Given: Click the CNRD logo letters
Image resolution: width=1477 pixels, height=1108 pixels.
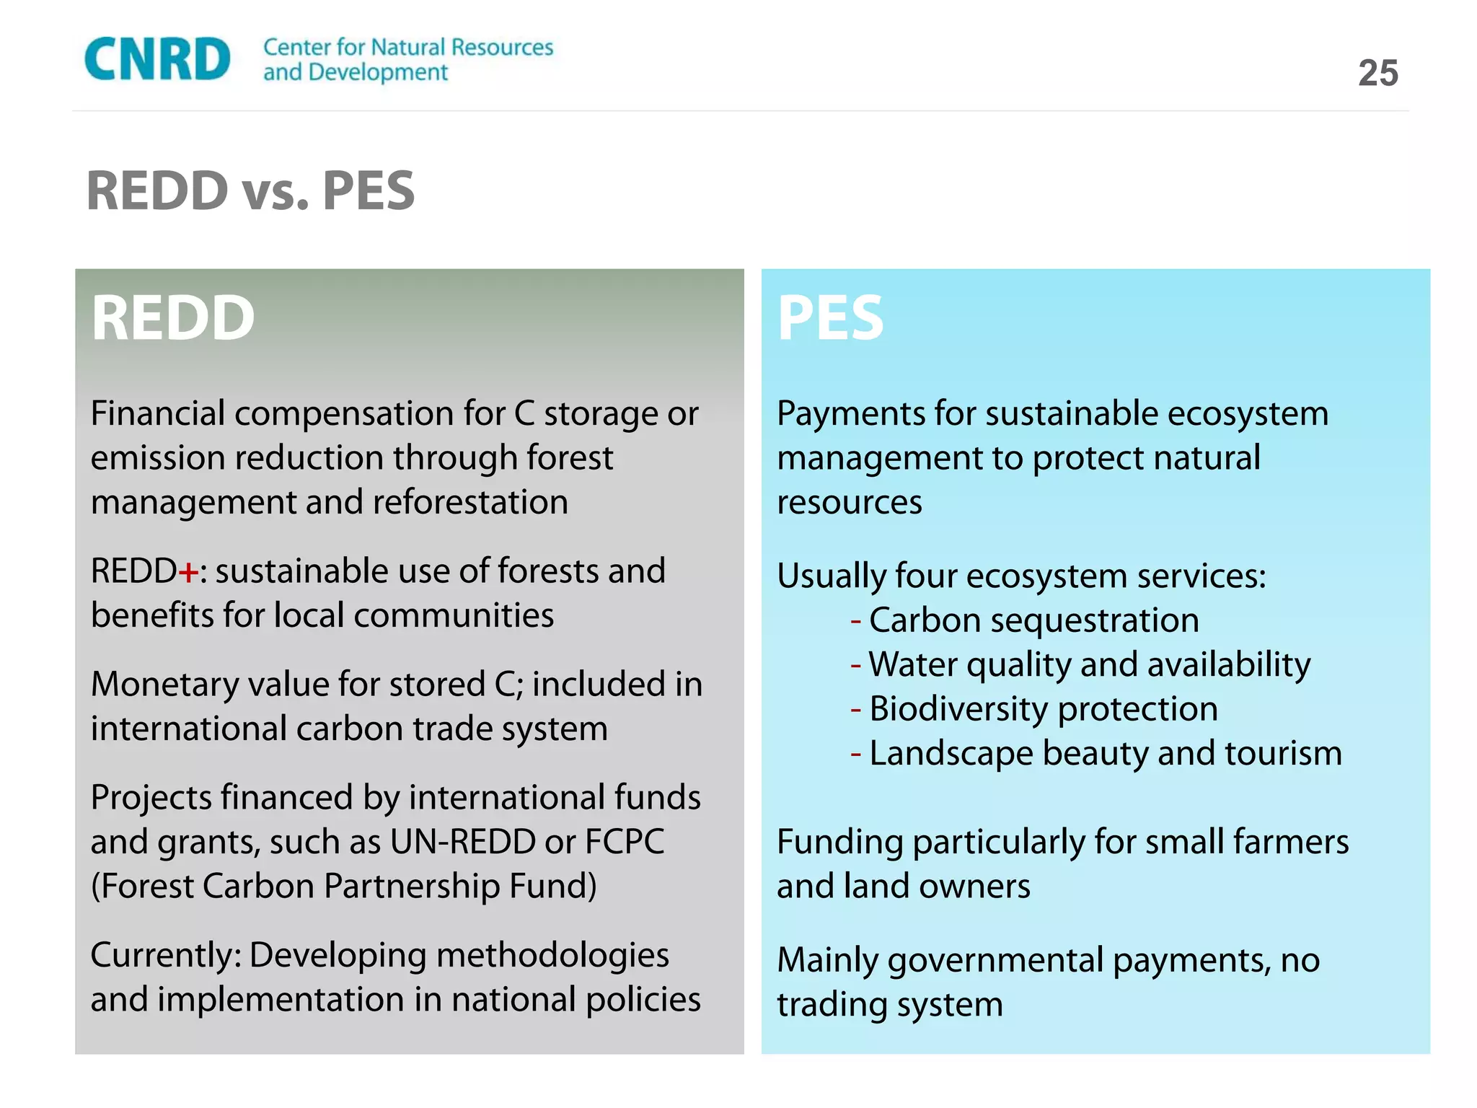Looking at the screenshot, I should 157,59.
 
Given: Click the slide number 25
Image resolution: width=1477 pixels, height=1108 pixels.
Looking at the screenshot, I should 1377,74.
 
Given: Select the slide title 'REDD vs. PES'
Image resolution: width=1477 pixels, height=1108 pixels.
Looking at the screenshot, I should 250,191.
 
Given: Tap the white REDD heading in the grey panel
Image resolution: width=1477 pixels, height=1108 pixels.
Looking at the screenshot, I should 173,318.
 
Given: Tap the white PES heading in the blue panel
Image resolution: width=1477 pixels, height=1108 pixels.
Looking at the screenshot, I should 830,318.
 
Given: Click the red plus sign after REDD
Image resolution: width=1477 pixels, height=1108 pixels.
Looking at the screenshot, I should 188,573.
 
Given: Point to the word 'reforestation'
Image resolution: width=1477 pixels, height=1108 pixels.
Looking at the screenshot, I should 470,502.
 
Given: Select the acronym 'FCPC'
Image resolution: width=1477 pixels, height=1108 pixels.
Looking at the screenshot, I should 625,842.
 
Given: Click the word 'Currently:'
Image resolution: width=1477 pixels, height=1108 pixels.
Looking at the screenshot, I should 166,956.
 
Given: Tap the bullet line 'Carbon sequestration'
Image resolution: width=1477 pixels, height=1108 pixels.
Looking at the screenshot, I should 1033,620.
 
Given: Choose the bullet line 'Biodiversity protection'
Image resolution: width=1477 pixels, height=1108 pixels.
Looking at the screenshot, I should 1043,709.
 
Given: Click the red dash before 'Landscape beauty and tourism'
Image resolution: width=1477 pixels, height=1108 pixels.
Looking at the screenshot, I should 856,755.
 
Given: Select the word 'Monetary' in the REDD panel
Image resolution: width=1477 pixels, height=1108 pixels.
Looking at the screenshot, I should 164,685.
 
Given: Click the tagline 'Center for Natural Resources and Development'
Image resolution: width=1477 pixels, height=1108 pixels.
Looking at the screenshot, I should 407,59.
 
